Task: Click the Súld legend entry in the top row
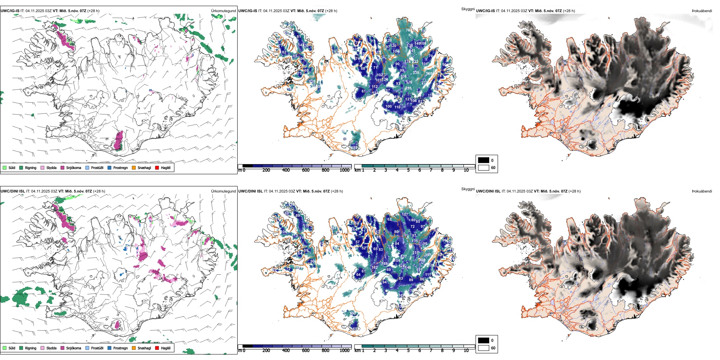coord(9,167)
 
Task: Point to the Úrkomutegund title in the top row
coord(223,11)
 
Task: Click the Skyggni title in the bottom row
coord(468,189)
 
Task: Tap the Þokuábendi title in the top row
coord(702,11)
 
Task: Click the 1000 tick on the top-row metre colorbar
coord(344,170)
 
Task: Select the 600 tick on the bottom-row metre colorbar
coord(306,351)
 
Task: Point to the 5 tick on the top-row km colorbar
coord(408,170)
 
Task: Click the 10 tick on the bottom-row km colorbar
coord(466,351)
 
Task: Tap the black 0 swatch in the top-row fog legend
coord(484,160)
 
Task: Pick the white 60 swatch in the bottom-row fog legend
coord(484,348)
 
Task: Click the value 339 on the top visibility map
coord(416,73)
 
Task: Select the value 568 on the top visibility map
coord(429,74)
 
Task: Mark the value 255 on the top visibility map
coord(408,88)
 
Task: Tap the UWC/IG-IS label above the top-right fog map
coord(485,11)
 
